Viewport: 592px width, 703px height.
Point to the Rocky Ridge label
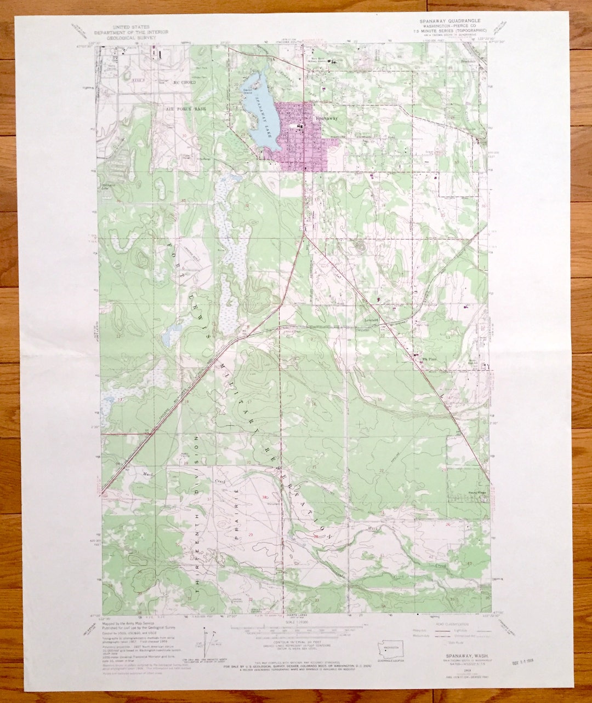pyautogui.click(x=463, y=492)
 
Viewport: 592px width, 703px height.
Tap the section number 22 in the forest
pyautogui.click(x=381, y=470)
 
